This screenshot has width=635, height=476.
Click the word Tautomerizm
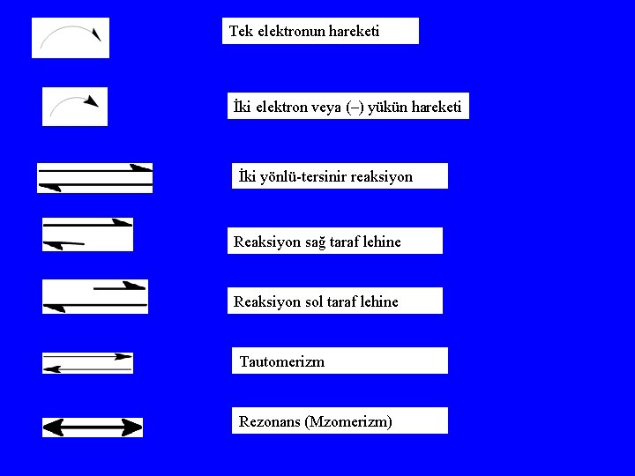[281, 361]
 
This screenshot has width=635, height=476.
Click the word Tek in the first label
[240, 31]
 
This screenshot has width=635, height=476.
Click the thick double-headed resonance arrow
[93, 428]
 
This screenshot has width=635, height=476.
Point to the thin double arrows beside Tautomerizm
[87, 362]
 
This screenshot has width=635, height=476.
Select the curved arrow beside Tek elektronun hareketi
[71, 37]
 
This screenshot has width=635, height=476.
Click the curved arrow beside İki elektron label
[74, 106]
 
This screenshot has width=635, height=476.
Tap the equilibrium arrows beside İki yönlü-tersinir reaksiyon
[95, 177]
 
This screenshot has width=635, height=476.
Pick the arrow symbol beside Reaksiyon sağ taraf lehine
[87, 234]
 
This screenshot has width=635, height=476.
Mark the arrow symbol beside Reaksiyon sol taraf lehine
[95, 296]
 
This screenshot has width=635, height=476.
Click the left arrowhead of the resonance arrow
[54, 428]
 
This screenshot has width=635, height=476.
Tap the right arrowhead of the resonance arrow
[131, 428]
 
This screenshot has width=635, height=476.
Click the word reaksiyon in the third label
[381, 176]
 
